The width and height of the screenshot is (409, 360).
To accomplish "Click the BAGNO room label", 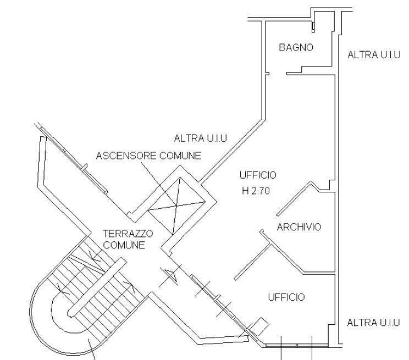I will pos(296,48).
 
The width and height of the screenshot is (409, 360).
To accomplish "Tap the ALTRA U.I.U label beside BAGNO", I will pos(373,55).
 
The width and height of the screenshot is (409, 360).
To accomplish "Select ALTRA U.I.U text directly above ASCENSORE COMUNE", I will pos(200,138).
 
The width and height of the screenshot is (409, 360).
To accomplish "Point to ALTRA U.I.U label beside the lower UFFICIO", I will pos(373,322).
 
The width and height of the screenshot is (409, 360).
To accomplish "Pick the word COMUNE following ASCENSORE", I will pos(180,156).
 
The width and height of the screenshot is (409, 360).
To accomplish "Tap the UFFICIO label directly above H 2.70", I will pos(258,175).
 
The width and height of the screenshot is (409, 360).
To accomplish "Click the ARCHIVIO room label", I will pos(299,227).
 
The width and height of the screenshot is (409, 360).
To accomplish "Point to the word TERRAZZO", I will pos(128,234).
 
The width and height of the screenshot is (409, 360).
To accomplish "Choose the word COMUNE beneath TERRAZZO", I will pos(124,245).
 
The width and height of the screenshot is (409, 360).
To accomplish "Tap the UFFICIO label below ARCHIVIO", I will pos(286,297).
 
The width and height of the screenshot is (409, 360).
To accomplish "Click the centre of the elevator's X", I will pos(175,207).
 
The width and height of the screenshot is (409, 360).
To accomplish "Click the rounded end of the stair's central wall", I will pos(71,313).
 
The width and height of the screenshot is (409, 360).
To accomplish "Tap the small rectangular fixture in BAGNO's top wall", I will pos(313,26).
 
